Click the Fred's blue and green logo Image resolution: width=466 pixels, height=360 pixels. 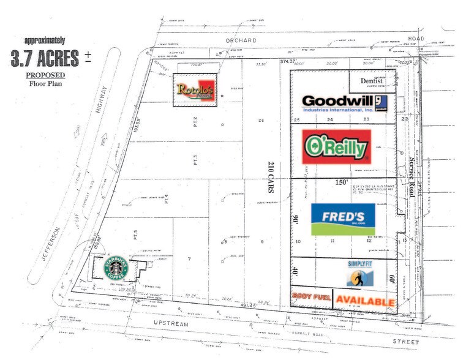[x=343, y=219]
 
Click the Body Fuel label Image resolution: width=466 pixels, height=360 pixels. [x=312, y=298]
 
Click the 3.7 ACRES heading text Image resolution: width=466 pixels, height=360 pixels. [x=45, y=58]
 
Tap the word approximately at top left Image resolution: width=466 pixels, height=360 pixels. [x=44, y=40]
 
